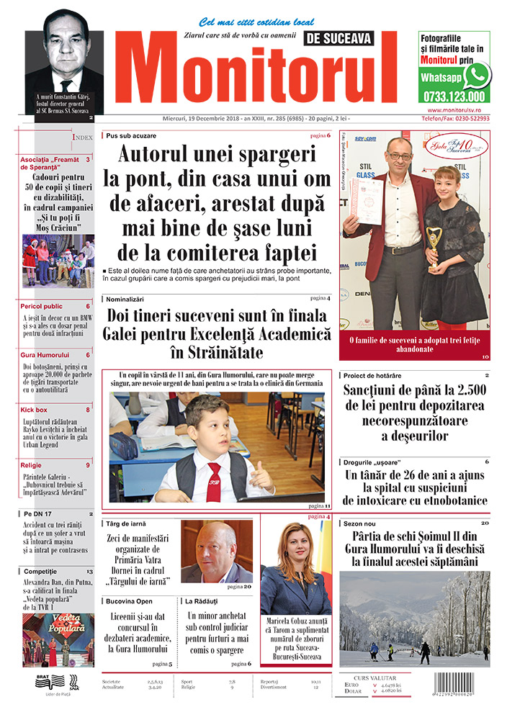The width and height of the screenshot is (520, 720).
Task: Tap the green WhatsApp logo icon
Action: click(x=476, y=76)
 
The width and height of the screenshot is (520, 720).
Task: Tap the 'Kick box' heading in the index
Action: click(x=34, y=410)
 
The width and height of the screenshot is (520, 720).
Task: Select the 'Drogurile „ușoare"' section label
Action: click(x=375, y=461)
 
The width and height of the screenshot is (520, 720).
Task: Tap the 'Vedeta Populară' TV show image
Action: click(x=58, y=639)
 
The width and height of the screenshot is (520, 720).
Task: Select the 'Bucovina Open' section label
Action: click(x=130, y=600)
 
